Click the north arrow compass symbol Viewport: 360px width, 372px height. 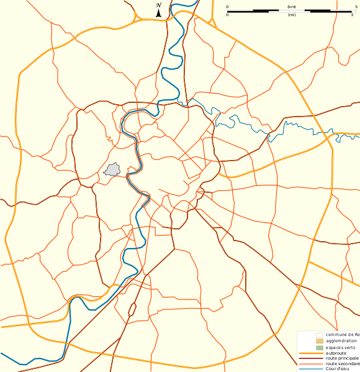click(x=159, y=10)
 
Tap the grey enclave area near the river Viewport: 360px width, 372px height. click(x=113, y=169)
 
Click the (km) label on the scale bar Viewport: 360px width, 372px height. click(x=292, y=7)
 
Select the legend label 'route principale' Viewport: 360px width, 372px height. click(x=342, y=358)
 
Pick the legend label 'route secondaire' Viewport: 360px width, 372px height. click(x=343, y=364)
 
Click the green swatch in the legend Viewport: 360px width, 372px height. click(x=320, y=347)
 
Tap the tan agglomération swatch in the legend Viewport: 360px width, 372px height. click(x=320, y=341)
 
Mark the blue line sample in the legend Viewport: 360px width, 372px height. click(x=311, y=370)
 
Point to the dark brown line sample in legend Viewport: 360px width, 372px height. click(x=311, y=358)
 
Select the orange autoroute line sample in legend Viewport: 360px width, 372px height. click(x=311, y=353)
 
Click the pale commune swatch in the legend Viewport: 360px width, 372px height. click(x=320, y=335)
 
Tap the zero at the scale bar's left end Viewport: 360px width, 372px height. click(x=227, y=7)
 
